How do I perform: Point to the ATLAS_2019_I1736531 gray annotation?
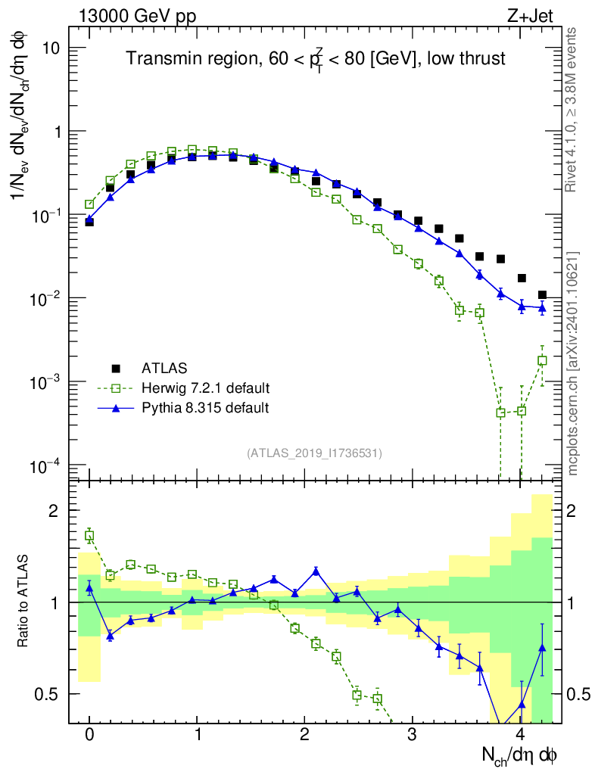pyautogui.click(x=314, y=453)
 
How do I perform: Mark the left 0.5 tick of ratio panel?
pyautogui.click(x=47, y=693)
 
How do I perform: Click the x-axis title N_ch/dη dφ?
pyautogui.click(x=520, y=756)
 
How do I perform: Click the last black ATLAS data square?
pyautogui.click(x=542, y=294)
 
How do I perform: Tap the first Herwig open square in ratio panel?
pyautogui.click(x=89, y=536)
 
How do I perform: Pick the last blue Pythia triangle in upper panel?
pyautogui.click(x=542, y=307)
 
